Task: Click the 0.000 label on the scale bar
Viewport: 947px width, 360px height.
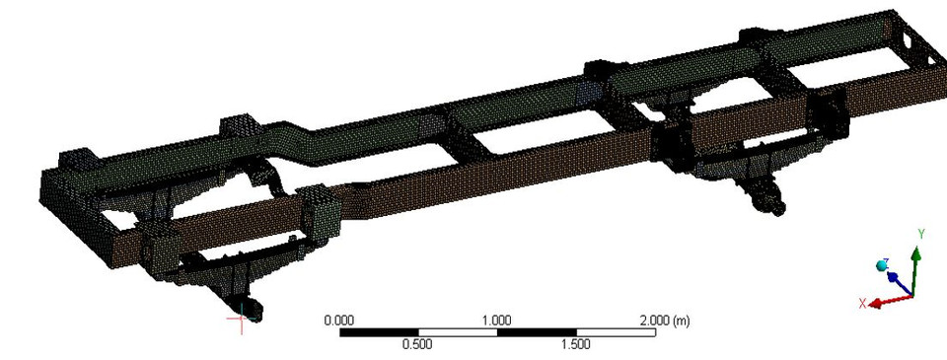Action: coord(339,321)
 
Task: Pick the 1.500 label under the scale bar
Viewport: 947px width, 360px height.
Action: coord(575,345)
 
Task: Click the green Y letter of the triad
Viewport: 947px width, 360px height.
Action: coord(920,234)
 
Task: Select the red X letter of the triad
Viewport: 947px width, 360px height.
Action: coord(862,304)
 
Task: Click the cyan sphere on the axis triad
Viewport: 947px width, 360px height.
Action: coord(882,266)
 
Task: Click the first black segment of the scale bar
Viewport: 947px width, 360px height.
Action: coord(379,332)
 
